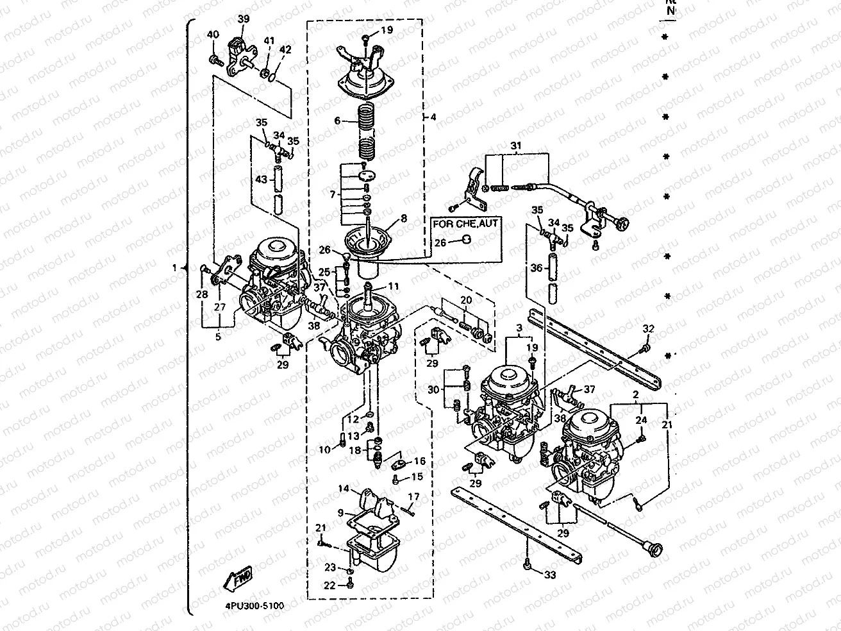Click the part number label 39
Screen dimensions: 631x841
(x=243, y=19)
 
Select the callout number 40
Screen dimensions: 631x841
(x=213, y=35)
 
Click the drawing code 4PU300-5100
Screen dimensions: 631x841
(x=254, y=605)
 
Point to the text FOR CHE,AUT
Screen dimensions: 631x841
(x=467, y=224)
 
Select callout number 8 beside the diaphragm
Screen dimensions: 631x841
(x=403, y=218)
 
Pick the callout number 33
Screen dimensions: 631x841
(x=550, y=575)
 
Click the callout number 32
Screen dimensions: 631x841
(x=648, y=329)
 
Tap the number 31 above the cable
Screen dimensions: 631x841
(x=516, y=146)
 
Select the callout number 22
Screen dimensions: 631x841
(x=329, y=585)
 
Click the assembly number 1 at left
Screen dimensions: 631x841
(x=174, y=269)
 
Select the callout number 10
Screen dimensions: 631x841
(x=324, y=450)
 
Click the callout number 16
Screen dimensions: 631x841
(x=420, y=461)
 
